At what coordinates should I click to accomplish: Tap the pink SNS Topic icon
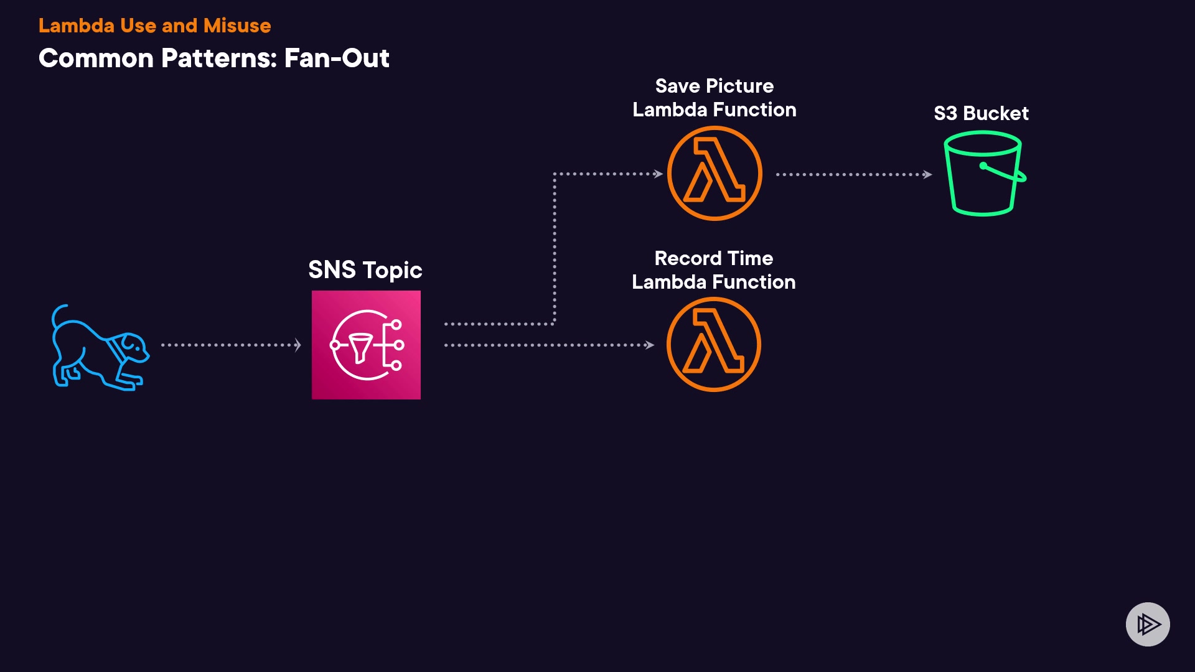click(366, 345)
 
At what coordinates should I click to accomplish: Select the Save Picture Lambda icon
click(715, 174)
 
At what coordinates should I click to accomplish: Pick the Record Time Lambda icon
click(714, 345)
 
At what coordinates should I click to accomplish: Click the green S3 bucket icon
click(983, 174)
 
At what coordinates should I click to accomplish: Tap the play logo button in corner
click(1148, 624)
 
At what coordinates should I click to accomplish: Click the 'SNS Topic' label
click(365, 270)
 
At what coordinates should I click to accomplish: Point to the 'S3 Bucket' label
click(981, 113)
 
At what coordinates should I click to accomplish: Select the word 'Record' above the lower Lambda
click(688, 258)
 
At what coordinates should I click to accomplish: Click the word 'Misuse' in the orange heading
click(237, 26)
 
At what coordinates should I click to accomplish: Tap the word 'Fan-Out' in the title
click(337, 58)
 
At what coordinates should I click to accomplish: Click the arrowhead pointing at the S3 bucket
click(928, 174)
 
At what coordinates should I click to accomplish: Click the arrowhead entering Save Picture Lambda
click(658, 174)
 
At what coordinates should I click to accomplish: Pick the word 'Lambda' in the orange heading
click(77, 26)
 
